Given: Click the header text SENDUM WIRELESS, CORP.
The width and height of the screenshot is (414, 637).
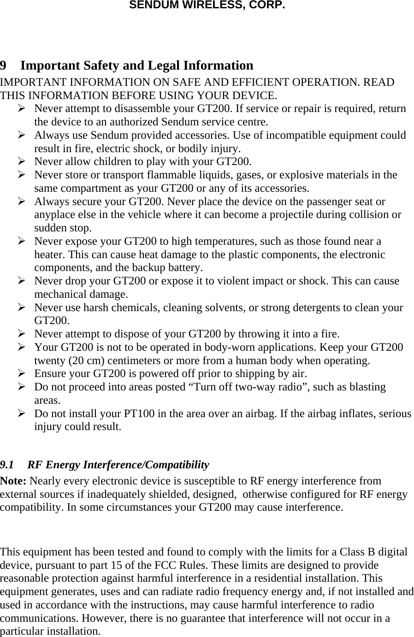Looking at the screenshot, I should point(207,6).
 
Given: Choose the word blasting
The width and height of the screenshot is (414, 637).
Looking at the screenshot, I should point(365,387).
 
